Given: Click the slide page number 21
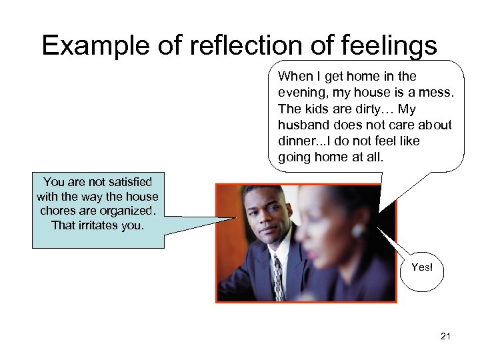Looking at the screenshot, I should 445,336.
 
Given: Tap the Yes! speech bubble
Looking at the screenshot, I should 422,267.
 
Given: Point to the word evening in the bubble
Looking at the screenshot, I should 301,92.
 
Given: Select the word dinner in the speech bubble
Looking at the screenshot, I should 297,141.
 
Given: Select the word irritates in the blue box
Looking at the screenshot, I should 101,225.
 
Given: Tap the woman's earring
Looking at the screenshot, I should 359,231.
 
